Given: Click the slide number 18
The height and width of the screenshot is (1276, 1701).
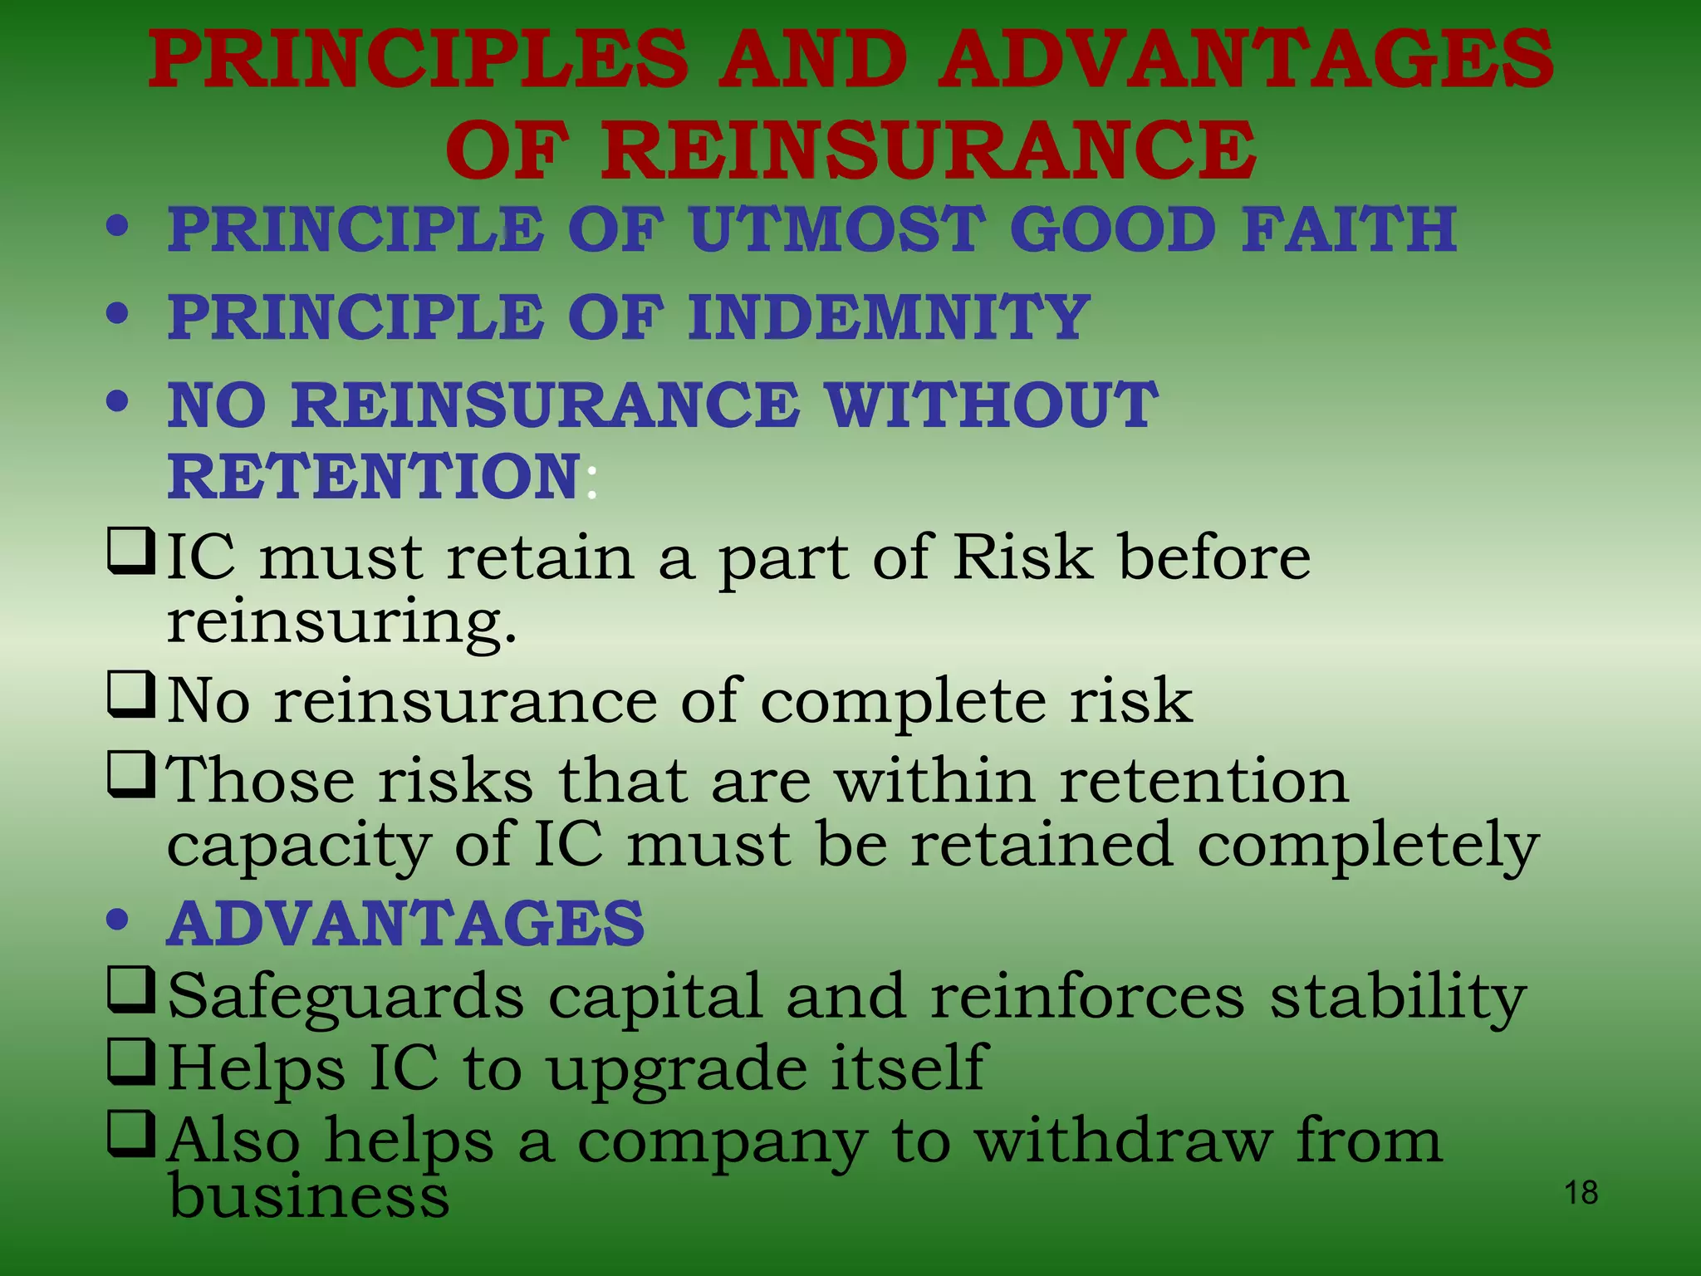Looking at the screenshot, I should point(1581,1193).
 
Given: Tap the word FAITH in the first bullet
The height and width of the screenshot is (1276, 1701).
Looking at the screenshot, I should point(1349,229).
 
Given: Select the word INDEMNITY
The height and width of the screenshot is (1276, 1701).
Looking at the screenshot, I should point(889,317).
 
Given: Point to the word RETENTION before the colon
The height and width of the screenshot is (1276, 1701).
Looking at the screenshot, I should point(374,477).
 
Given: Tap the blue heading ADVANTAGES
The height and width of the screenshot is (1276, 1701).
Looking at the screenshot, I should point(406,924).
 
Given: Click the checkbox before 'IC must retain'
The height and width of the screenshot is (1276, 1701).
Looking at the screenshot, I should point(130,551).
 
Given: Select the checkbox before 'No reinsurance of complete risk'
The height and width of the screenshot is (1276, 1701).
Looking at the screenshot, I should point(130,695).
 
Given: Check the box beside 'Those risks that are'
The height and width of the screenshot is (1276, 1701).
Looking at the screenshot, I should point(130,774).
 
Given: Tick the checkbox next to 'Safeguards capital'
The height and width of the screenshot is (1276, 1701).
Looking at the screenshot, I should point(130,989).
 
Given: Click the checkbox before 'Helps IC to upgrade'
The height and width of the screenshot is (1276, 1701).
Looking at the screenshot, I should point(130,1063).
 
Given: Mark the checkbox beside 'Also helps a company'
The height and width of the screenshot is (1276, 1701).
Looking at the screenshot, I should point(130,1136).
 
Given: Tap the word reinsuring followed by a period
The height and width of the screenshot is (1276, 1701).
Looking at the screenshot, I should point(341,622).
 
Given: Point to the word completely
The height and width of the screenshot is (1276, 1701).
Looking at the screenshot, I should point(1368,846).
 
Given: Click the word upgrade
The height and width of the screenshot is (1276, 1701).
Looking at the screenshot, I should point(677,1070).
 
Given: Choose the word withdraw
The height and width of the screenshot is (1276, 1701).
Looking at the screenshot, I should point(1123,1141).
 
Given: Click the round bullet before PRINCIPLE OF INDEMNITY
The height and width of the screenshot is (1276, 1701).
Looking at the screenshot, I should point(118,314).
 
